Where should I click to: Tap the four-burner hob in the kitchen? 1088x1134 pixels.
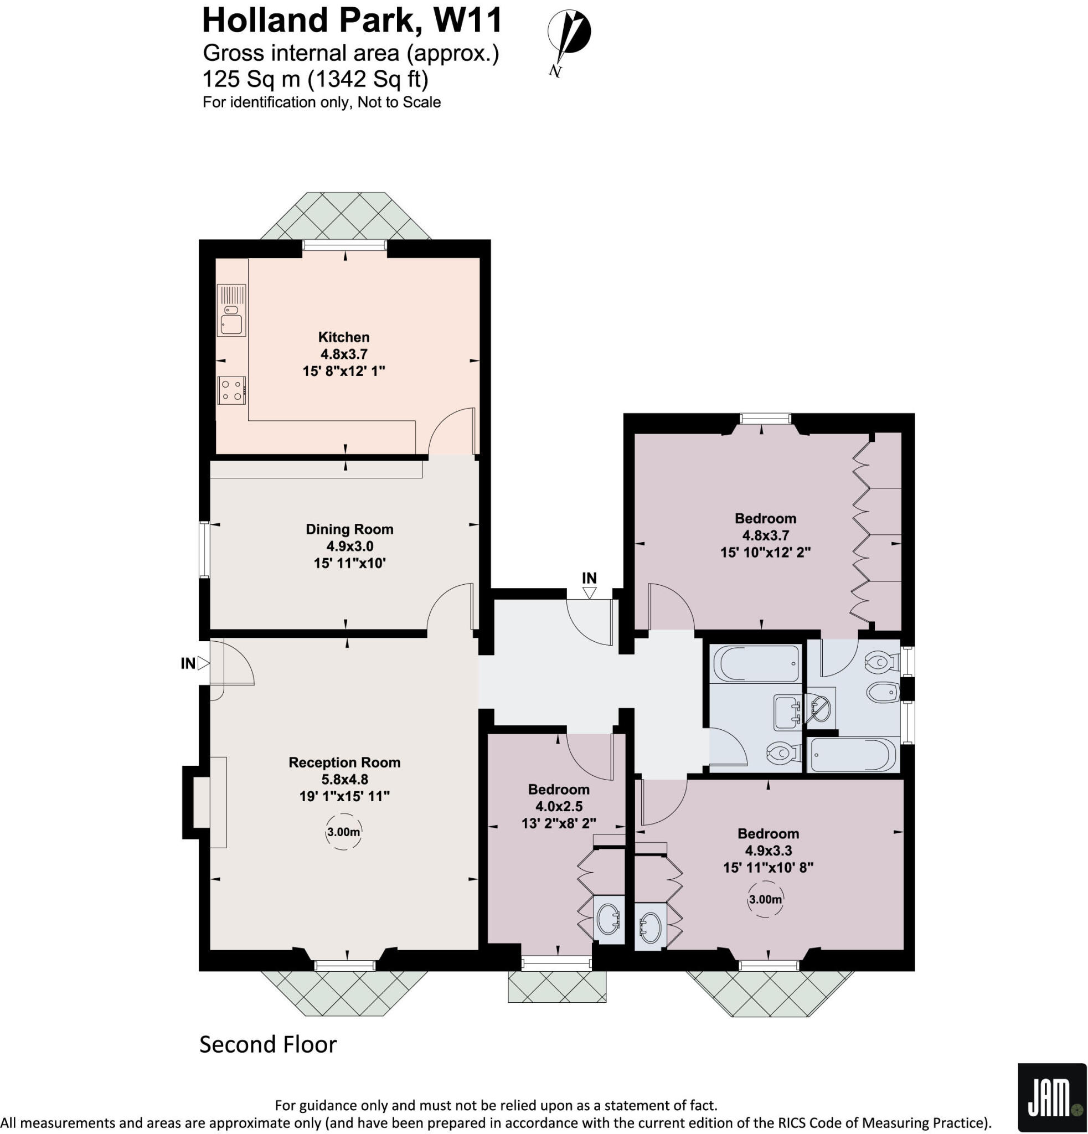[x=231, y=390]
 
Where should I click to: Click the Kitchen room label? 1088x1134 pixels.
[x=344, y=337]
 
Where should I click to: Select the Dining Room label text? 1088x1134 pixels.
[x=349, y=529]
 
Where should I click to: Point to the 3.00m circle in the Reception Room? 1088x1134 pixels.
[x=344, y=833]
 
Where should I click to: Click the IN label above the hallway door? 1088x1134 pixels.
[x=589, y=578]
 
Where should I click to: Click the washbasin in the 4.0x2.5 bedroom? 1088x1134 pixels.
[x=609, y=919]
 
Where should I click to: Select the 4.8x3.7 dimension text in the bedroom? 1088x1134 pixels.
[x=765, y=536]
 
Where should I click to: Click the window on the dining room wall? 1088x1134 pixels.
[x=204, y=550]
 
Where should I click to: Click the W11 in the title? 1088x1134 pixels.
[x=467, y=21]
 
